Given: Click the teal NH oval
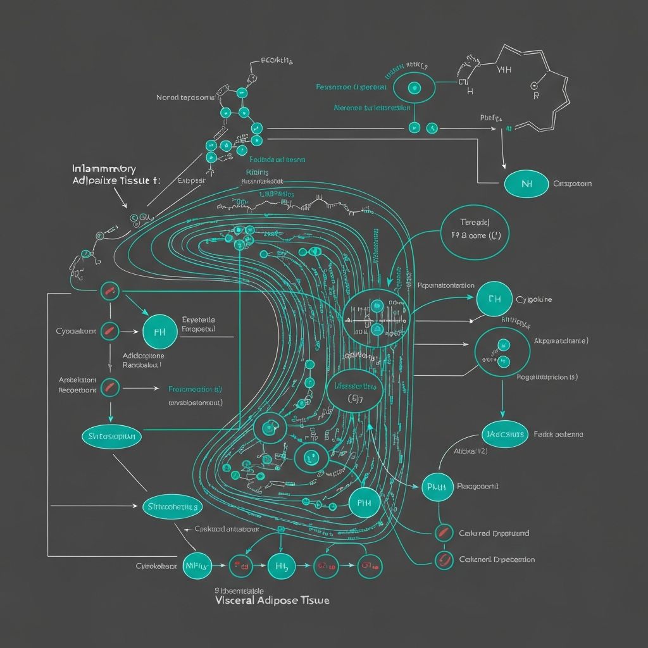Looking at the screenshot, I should pos(526,184).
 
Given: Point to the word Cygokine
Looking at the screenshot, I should pos(534,299).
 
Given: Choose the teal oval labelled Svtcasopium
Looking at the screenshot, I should pos(112,437).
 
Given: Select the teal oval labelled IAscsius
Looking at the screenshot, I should pos(504,434).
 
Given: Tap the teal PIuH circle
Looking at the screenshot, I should pos(437,487).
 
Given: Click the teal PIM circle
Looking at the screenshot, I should pos(364,503).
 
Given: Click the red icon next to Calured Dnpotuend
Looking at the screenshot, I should pos(444,533).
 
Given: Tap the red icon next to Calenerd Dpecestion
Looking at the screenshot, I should pos(444,559).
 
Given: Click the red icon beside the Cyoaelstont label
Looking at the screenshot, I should pos(110,330).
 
